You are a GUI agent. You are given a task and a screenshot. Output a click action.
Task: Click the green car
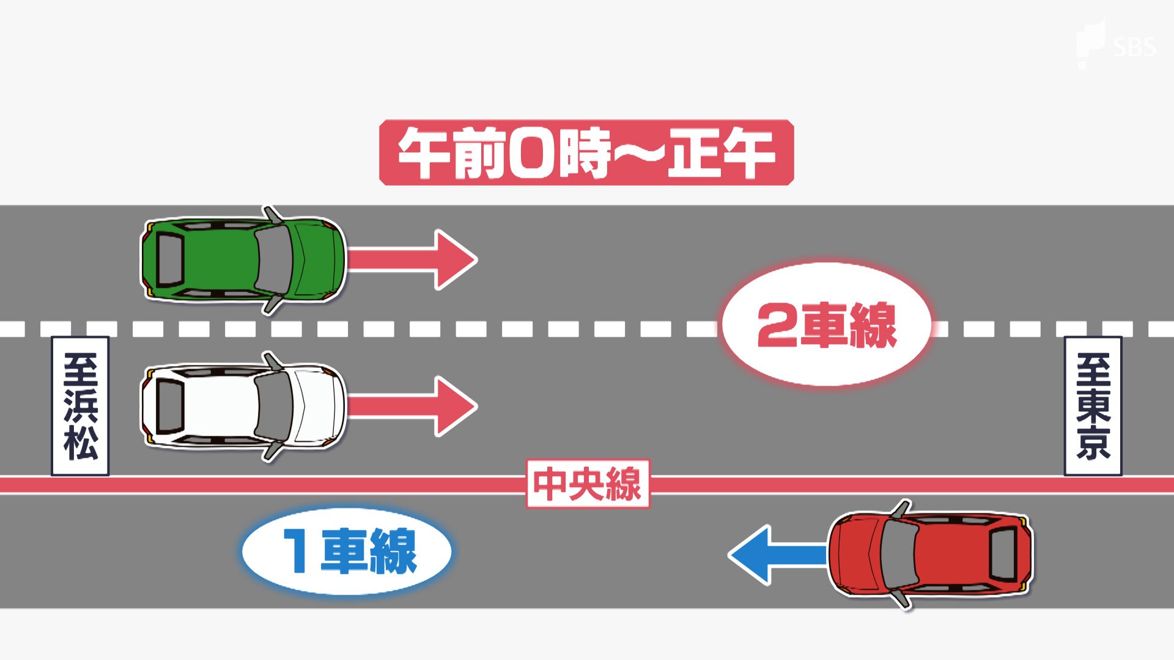(x=243, y=260)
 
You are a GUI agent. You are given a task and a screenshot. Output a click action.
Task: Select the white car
(x=243, y=406)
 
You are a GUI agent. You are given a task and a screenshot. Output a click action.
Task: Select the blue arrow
(x=777, y=555)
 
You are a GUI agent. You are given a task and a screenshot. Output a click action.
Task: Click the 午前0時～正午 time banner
(x=586, y=153)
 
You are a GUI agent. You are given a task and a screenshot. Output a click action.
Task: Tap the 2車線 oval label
(x=827, y=324)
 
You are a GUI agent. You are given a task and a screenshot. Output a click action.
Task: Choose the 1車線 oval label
(x=347, y=551)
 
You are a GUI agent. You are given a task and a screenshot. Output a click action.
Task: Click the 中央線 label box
(x=588, y=484)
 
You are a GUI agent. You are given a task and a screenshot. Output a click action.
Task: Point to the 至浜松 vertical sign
(x=80, y=406)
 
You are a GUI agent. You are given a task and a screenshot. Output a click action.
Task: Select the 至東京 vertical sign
(x=1093, y=406)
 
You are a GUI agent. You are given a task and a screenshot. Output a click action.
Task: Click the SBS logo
(x=1117, y=44)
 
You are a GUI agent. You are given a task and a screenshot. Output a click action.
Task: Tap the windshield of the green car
(x=273, y=260)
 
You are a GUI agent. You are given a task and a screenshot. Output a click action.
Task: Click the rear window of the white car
(x=170, y=406)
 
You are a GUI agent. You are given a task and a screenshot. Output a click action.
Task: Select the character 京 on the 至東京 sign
(x=1093, y=441)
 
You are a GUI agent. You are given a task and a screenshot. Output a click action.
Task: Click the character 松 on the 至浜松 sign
(x=80, y=441)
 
